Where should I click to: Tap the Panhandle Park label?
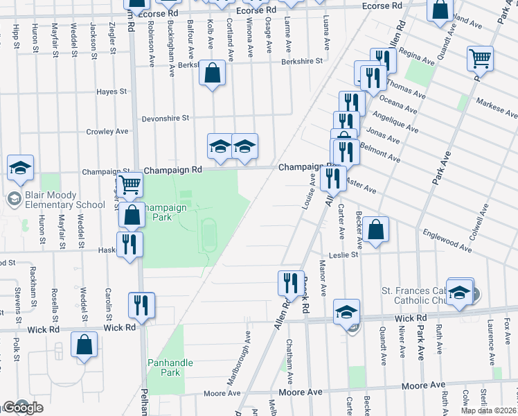(x=170, y=367)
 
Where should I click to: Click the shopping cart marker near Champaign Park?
(x=130, y=185)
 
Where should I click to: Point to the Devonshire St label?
(x=166, y=119)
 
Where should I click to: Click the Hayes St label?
(x=112, y=92)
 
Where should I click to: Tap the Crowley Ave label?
(x=107, y=131)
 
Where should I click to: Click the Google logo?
(x=23, y=408)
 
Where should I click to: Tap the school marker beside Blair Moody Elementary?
(x=21, y=168)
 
